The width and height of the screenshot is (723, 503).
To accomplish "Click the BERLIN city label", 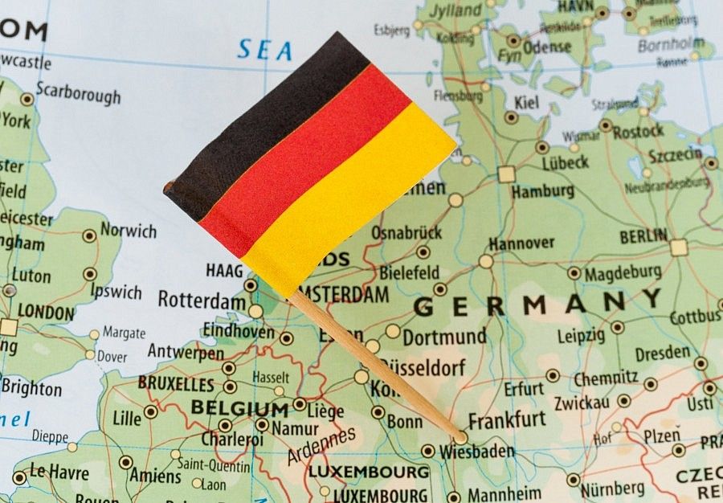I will (x=643, y=236).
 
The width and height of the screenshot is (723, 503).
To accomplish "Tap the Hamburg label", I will (x=543, y=191).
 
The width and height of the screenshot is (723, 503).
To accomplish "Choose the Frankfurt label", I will (x=507, y=420).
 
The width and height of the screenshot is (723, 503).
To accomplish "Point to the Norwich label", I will (x=129, y=231).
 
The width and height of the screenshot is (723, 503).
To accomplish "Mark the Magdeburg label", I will (x=623, y=272).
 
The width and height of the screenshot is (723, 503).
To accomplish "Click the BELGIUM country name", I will (x=239, y=408).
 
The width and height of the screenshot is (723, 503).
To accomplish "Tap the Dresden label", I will (x=663, y=353).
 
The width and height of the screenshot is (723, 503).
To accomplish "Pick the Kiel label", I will (x=527, y=102).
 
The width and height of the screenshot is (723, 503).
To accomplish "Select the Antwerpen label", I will (x=186, y=352).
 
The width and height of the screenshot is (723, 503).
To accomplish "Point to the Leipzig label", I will (x=581, y=335).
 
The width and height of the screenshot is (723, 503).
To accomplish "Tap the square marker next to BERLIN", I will (x=680, y=247).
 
